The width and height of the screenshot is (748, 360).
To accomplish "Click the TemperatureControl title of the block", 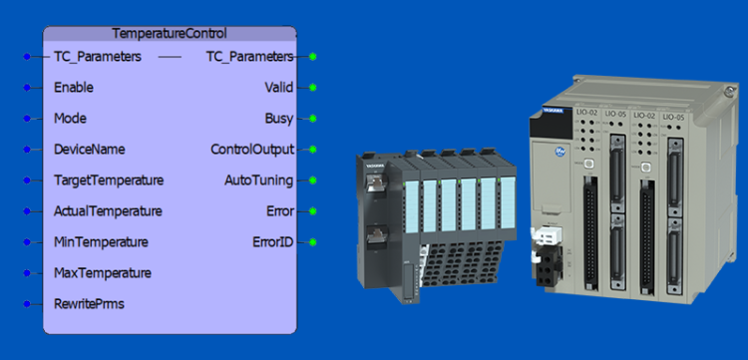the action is [x=169, y=33].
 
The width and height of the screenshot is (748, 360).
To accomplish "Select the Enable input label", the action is [x=74, y=87].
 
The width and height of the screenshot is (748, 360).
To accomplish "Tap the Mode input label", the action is [x=70, y=118].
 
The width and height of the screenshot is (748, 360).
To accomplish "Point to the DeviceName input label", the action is [x=89, y=150].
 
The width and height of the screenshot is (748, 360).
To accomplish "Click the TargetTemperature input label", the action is [x=109, y=180].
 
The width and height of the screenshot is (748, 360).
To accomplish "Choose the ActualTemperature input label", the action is [x=108, y=211].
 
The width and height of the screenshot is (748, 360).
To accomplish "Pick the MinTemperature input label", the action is [x=101, y=242].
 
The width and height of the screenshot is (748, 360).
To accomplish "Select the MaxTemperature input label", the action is [x=103, y=272].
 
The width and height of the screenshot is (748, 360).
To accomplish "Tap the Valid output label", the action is [x=278, y=87].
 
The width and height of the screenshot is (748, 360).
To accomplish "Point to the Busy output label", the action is [x=278, y=118].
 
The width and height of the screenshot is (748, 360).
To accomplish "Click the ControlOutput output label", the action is [x=252, y=150].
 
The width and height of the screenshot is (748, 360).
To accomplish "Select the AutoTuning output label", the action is [x=258, y=180].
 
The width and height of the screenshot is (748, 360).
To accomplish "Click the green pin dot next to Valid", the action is [x=313, y=87].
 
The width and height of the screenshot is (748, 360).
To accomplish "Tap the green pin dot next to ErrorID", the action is [x=313, y=242].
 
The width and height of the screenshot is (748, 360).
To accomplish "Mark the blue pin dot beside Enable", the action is [x=27, y=87].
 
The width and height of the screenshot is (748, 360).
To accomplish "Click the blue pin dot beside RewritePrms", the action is [x=27, y=303].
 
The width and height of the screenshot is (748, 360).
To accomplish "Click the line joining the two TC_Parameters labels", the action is [x=170, y=57].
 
